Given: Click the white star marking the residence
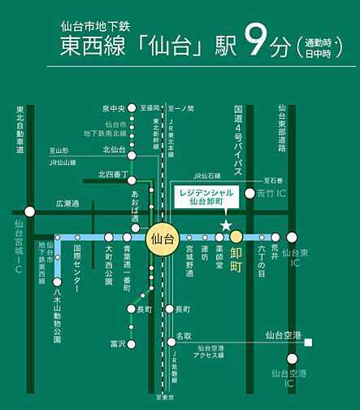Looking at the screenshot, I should (x=227, y=224).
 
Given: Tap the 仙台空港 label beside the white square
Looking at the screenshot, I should (x=284, y=334).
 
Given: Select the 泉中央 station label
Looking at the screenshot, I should (x=114, y=108).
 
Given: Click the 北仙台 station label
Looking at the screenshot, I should (x=114, y=150).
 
